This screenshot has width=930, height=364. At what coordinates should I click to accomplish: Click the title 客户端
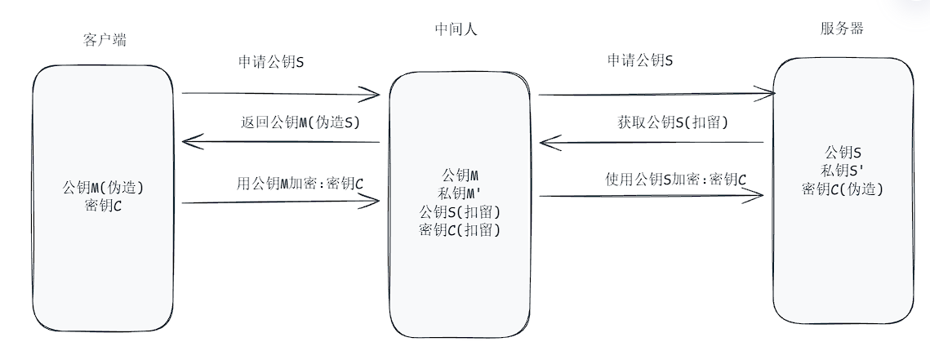(105, 39)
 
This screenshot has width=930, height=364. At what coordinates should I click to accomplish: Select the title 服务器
(841, 29)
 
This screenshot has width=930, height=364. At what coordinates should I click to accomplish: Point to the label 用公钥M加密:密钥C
(300, 183)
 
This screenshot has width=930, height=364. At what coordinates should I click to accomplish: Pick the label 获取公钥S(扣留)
(673, 123)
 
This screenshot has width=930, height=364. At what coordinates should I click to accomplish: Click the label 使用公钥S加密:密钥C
(676, 180)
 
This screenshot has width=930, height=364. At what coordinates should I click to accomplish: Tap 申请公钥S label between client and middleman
(271, 61)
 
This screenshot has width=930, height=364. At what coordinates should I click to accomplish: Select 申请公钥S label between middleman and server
(641, 60)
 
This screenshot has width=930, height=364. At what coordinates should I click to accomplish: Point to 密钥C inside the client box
(103, 206)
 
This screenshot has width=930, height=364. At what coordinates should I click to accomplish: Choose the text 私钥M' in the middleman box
(459, 193)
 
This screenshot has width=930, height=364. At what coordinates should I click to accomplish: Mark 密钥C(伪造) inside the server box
(843, 189)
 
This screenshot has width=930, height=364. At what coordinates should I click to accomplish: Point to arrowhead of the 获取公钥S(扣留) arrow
(545, 144)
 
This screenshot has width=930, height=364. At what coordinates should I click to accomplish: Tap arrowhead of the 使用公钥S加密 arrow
(760, 195)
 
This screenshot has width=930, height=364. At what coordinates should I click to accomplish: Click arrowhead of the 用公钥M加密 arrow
(376, 201)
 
